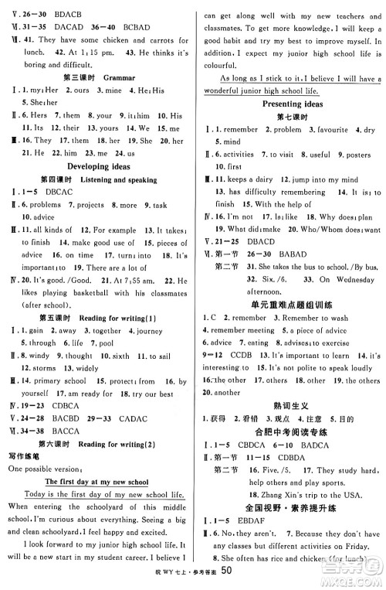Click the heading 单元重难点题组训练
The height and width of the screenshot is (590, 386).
292,303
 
